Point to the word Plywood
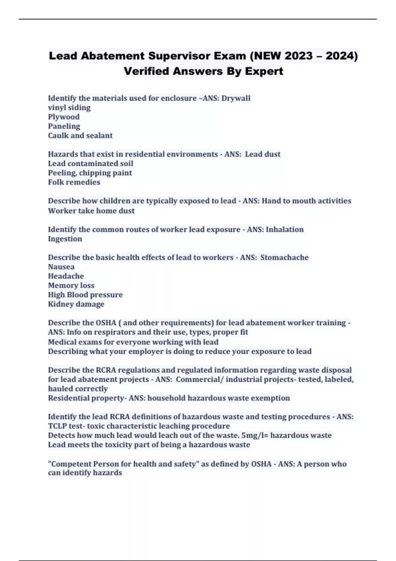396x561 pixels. point(64,117)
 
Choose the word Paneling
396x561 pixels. point(64,126)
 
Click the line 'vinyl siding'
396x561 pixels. point(69,108)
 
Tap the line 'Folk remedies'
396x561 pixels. point(74,182)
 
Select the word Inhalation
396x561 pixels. point(284,229)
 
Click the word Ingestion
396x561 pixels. point(65,239)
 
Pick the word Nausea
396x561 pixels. point(61,267)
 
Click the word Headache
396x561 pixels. point(66,276)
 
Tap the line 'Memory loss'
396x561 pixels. point(71,285)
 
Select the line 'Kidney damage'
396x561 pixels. point(76,304)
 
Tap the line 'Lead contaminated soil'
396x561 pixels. point(91,164)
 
